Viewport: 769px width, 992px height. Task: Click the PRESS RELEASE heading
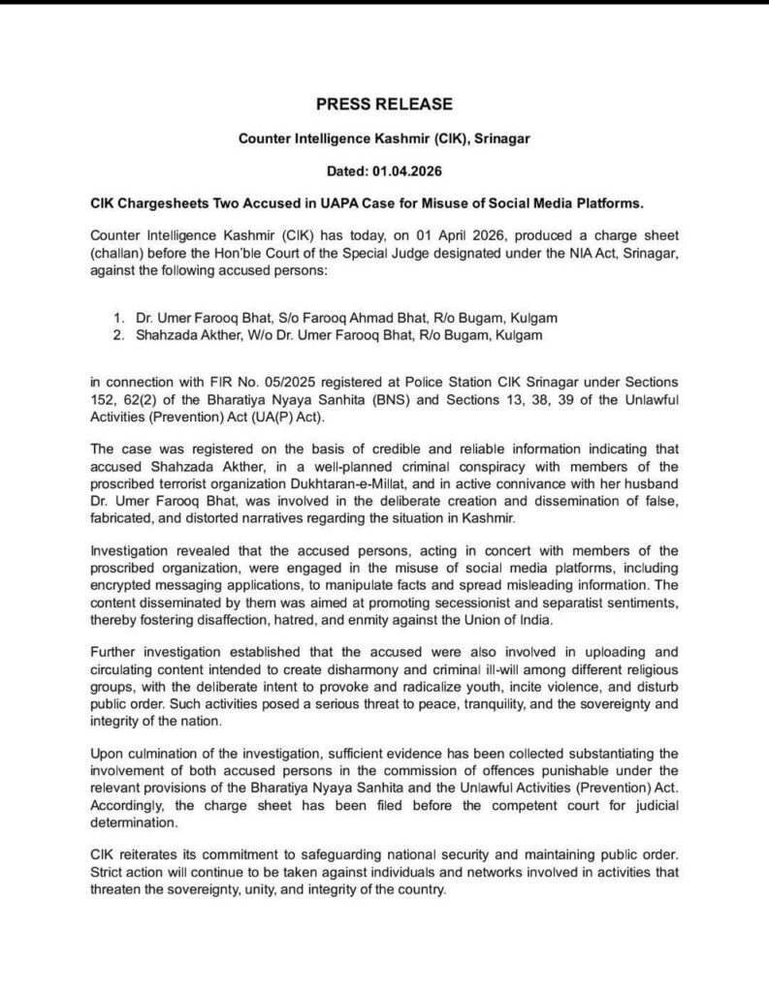(384, 105)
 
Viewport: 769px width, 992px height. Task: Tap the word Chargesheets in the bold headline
(166, 203)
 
